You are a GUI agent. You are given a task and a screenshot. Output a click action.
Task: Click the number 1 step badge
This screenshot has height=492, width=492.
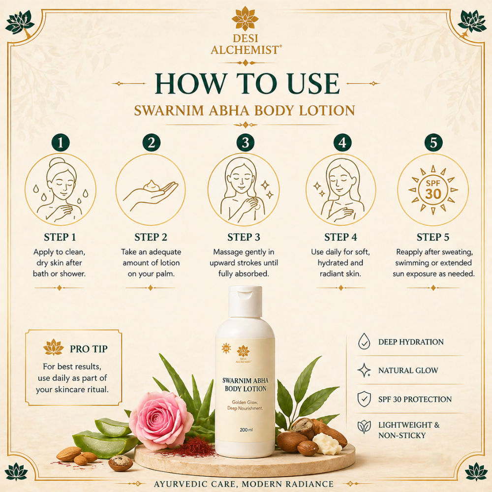pyautogui.click(x=61, y=143)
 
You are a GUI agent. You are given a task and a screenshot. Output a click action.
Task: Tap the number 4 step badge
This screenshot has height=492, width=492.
pyautogui.click(x=342, y=143)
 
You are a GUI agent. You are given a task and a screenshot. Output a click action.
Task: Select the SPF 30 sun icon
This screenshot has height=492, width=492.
pyautogui.click(x=433, y=189)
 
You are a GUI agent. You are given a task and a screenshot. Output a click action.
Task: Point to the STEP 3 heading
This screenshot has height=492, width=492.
pyautogui.click(x=244, y=237)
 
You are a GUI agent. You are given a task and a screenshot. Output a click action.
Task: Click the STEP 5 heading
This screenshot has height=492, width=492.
pyautogui.click(x=433, y=237)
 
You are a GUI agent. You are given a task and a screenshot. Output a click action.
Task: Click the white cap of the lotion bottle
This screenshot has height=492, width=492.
pyautogui.click(x=245, y=301)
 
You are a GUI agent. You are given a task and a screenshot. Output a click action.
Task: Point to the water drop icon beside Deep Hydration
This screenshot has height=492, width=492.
pyautogui.click(x=364, y=341)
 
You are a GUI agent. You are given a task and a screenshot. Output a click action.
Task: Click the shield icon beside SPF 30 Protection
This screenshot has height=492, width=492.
pyautogui.click(x=364, y=399)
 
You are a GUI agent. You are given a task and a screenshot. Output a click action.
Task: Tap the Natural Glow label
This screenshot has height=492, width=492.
pyautogui.click(x=408, y=370)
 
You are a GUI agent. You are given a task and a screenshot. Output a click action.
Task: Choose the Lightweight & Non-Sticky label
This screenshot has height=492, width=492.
pyautogui.click(x=408, y=430)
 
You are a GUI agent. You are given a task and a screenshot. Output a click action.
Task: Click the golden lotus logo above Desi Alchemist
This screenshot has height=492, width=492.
pyautogui.click(x=245, y=19)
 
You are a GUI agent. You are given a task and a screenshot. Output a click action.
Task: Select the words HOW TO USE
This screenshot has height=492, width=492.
pyautogui.click(x=247, y=84)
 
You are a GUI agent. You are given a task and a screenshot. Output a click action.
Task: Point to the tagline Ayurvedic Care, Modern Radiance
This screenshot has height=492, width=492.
pyautogui.click(x=244, y=484)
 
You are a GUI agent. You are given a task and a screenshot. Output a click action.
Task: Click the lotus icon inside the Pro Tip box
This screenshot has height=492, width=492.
pyautogui.click(x=53, y=347)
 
